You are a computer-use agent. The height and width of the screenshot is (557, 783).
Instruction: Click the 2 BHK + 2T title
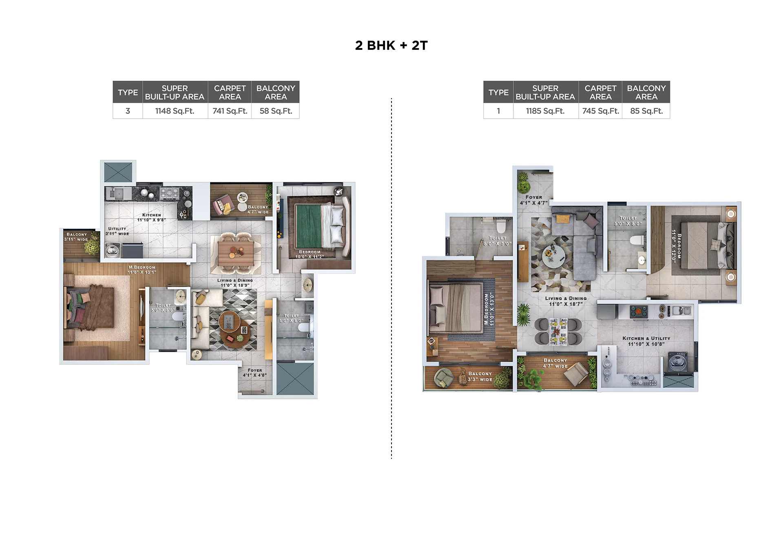[x=391, y=45]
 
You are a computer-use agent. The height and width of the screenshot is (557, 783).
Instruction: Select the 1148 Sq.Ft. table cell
[x=175, y=111]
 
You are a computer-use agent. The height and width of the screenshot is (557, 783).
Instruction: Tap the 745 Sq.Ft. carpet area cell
[x=600, y=111]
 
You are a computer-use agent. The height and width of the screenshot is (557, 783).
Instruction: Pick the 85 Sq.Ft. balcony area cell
[x=646, y=111]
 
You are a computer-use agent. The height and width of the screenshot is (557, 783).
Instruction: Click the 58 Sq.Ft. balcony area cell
[x=276, y=111]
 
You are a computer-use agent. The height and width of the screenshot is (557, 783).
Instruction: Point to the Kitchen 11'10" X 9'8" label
[x=152, y=217]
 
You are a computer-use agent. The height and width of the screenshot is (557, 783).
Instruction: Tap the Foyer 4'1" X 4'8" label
[x=255, y=373]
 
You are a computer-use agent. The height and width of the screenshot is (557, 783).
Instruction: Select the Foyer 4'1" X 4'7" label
[x=534, y=200]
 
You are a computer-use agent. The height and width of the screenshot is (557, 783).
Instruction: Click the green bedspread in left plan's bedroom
[x=309, y=227]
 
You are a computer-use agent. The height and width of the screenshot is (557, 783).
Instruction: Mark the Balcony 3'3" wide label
[x=480, y=376]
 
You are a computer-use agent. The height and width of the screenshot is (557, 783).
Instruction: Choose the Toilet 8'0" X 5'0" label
[x=498, y=241]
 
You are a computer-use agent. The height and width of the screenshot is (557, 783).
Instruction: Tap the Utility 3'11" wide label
[x=117, y=231]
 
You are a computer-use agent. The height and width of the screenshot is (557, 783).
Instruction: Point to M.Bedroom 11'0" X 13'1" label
[x=142, y=270]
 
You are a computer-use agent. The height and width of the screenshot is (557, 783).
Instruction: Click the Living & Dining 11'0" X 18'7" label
[x=566, y=301]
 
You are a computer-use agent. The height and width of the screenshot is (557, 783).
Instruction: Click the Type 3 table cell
[x=128, y=111]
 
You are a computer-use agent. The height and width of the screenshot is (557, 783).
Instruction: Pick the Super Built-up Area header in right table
[x=545, y=93]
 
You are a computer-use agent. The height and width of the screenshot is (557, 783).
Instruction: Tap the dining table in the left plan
[x=235, y=253]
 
